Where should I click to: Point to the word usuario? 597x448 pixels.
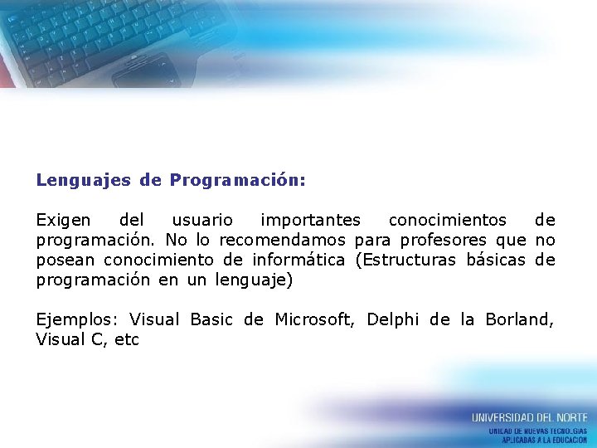click(202, 221)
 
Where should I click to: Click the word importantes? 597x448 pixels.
click(310, 221)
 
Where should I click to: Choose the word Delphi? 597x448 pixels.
click(393, 319)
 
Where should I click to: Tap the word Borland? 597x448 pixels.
click(519, 319)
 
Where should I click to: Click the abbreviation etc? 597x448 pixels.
click(127, 339)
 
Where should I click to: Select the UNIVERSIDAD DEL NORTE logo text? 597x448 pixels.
click(529, 417)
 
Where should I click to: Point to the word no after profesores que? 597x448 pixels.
click(545, 241)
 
